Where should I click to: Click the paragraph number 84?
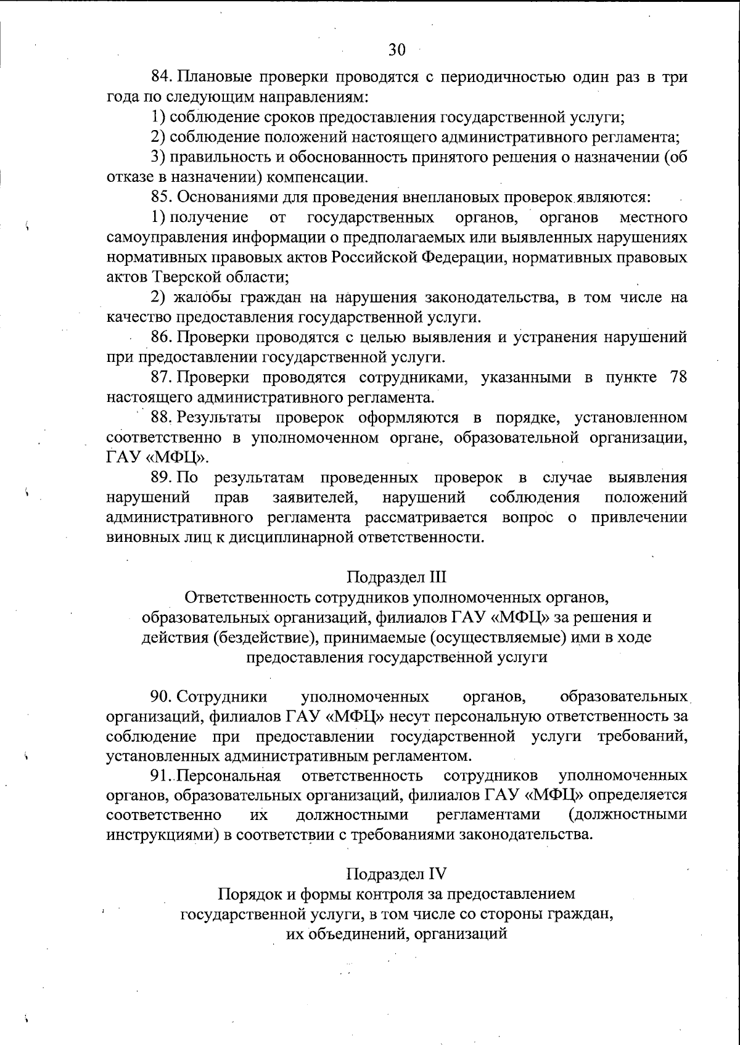pos(163,78)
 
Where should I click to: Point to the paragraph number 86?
pos(163,337)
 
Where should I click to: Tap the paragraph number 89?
pos(163,478)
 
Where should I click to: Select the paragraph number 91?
pos(162,775)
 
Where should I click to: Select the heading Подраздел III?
pos(396,578)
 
